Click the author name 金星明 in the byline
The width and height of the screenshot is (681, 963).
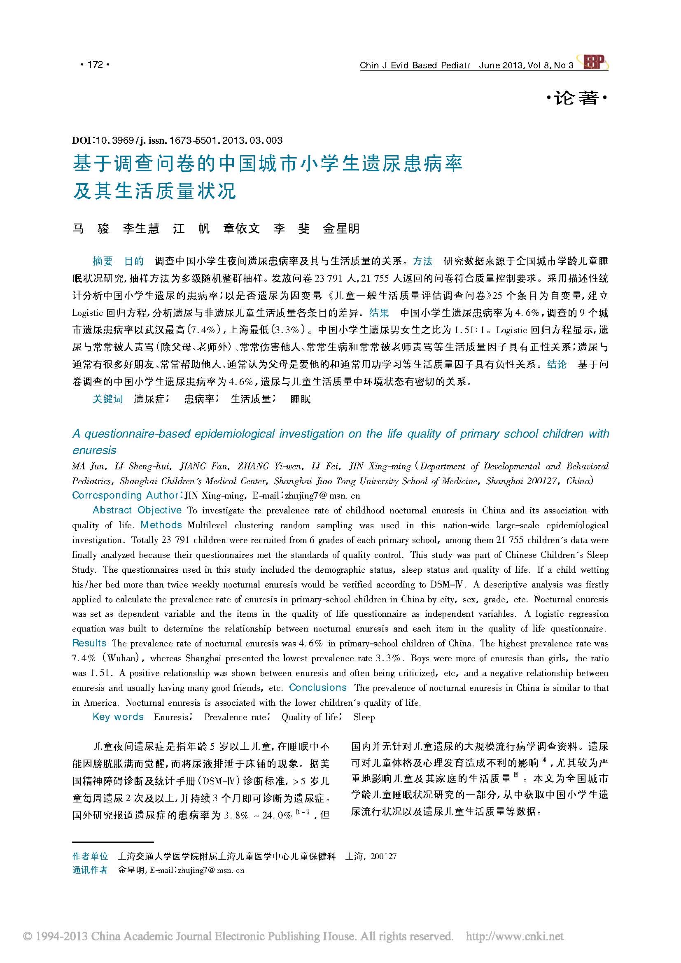(x=341, y=229)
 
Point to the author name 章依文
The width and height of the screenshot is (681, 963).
(x=242, y=229)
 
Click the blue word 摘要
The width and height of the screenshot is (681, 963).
(x=103, y=261)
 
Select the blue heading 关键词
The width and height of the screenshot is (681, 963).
(x=108, y=399)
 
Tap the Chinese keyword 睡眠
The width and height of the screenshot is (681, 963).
(x=300, y=399)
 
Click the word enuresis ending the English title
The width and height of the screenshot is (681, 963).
(x=94, y=450)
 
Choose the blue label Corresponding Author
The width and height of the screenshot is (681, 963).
(x=126, y=495)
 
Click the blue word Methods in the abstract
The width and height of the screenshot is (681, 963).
(x=161, y=525)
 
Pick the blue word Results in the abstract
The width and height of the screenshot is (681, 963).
(x=89, y=644)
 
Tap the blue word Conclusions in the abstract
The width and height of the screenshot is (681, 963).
(x=318, y=688)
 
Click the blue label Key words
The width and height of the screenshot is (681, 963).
(x=118, y=717)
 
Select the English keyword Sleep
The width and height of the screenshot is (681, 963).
(x=364, y=717)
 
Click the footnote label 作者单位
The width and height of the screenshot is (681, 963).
(x=90, y=856)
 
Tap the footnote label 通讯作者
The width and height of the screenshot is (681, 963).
(x=90, y=870)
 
